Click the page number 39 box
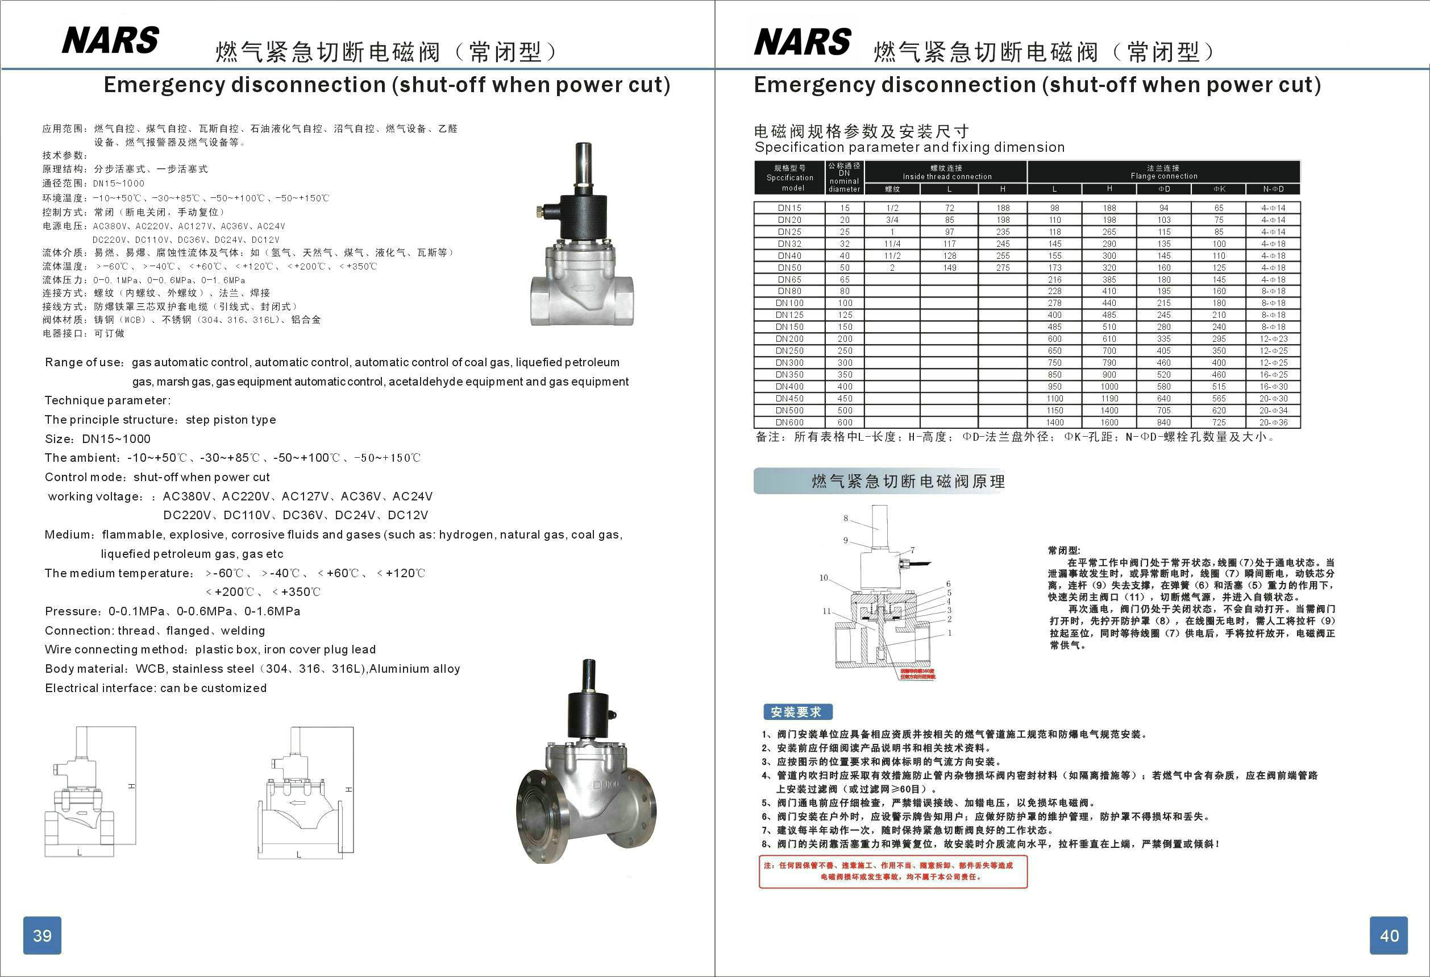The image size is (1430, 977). pos(42,935)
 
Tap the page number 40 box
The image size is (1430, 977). pos(1389,935)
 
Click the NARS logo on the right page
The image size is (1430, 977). pos(803,42)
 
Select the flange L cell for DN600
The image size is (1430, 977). pos(1055,423)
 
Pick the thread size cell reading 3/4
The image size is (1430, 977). pos(892,220)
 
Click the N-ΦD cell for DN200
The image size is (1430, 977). pos(1273,338)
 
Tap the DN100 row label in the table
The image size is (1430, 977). pos(789,303)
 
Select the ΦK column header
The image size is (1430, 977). pos(1219,189)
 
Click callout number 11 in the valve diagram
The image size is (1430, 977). pos(826,611)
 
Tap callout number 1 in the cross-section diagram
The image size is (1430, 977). pos(949,632)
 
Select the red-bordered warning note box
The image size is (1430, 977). pos(893,871)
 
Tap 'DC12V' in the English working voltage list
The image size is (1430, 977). pos(408,515)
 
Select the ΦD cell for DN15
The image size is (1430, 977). pos(1163,208)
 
